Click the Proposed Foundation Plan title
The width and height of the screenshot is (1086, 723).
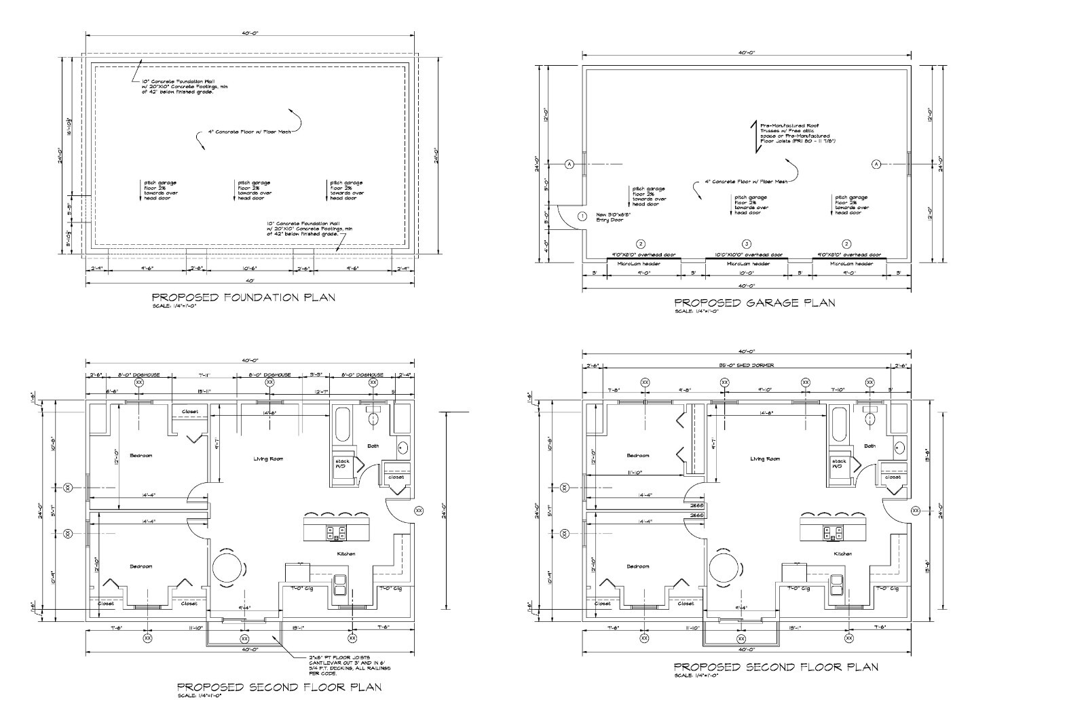(x=243, y=297)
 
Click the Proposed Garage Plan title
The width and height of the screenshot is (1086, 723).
(x=754, y=302)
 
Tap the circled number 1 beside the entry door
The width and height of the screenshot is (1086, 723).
(x=582, y=216)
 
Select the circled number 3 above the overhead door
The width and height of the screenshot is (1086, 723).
(x=746, y=243)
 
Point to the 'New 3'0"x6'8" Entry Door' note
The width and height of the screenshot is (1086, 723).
(x=614, y=216)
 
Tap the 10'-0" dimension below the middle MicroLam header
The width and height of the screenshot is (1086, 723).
(x=746, y=273)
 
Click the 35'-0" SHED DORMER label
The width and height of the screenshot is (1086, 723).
(x=746, y=366)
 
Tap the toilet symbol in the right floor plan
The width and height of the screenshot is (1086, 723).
(x=871, y=418)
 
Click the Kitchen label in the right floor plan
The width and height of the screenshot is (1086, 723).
(x=842, y=554)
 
